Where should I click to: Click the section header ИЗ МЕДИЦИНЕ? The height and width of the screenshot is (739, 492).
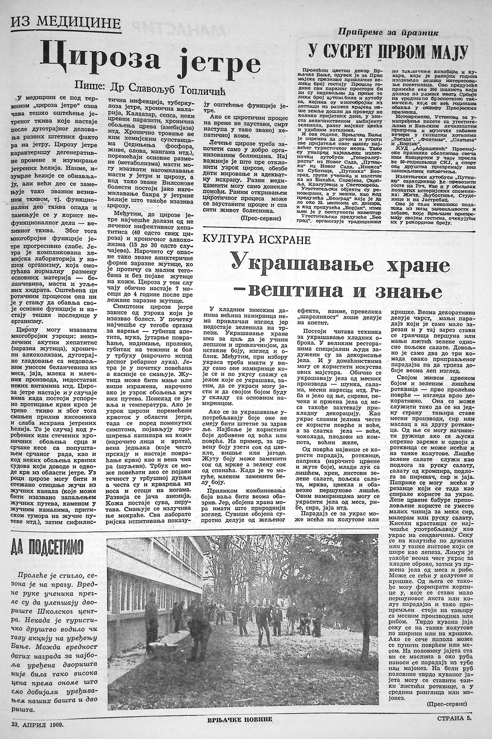coord(66,24)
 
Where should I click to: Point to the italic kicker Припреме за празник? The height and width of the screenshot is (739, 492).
coord(388,33)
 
